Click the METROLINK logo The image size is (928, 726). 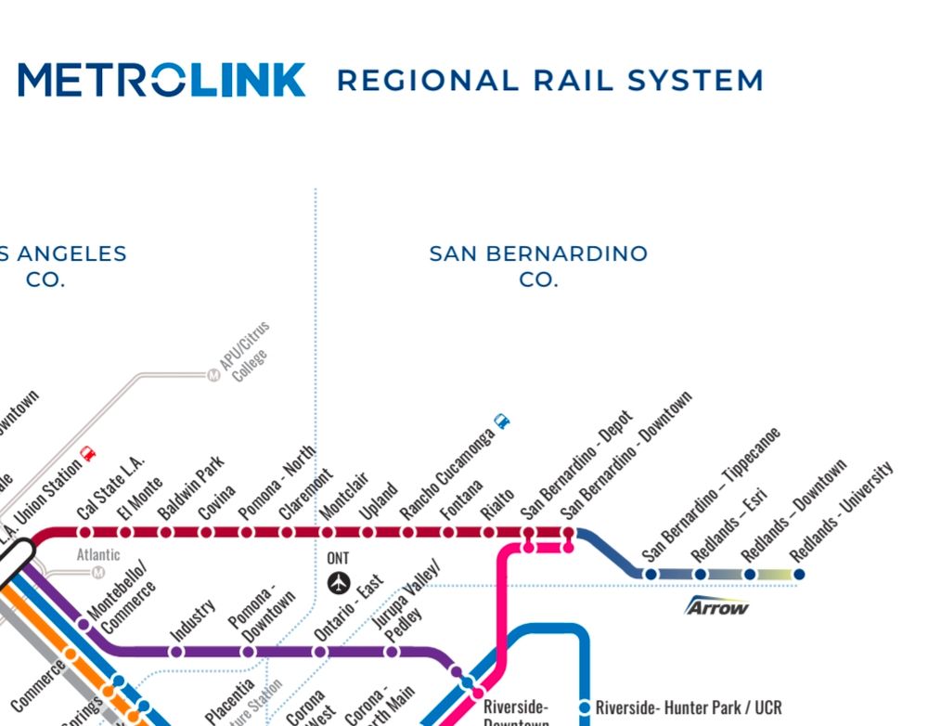[x=161, y=80]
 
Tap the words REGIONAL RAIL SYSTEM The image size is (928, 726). [x=549, y=81]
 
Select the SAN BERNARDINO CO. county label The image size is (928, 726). [x=538, y=266]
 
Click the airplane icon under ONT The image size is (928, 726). [x=340, y=583]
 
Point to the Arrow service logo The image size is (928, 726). [x=716, y=607]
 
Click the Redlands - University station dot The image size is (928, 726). [x=799, y=575]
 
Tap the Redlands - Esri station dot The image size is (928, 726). [x=701, y=575]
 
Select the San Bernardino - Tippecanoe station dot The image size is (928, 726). [x=651, y=575]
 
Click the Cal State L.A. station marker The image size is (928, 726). [x=85, y=532]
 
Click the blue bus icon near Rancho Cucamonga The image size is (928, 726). [x=502, y=421]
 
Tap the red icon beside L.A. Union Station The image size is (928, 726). [x=88, y=453]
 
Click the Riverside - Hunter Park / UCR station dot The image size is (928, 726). [x=586, y=707]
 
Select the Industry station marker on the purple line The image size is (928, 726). [x=177, y=652]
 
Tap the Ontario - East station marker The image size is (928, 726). [x=320, y=652]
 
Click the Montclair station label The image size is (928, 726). [x=344, y=496]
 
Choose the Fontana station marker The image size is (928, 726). [x=448, y=532]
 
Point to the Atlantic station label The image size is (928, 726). [x=98, y=555]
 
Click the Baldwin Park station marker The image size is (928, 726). [x=166, y=532]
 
